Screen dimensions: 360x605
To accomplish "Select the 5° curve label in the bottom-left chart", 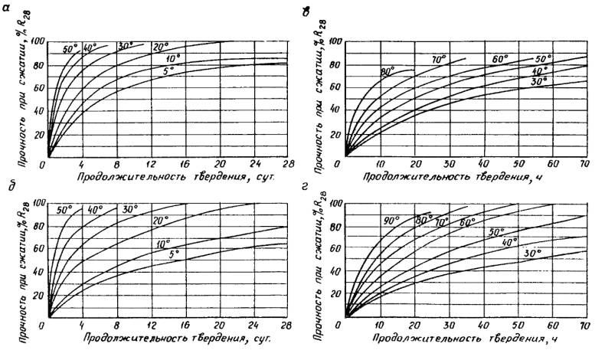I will click(x=175, y=254).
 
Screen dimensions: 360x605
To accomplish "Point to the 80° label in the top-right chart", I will click(x=387, y=72).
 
